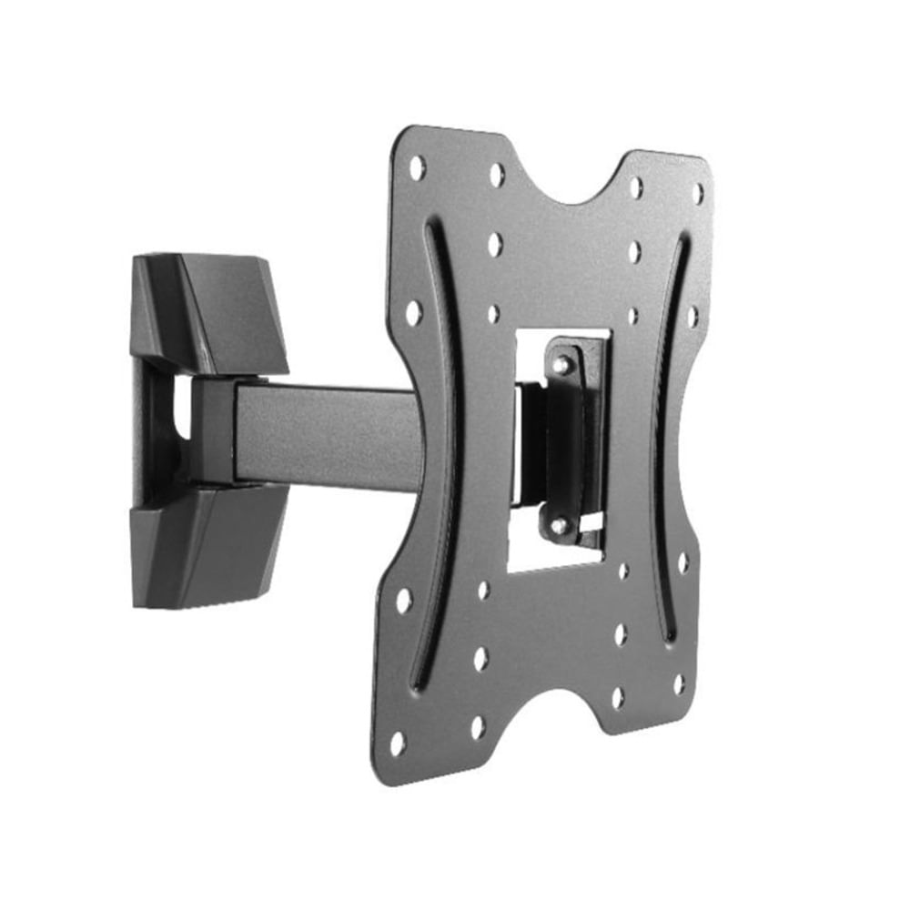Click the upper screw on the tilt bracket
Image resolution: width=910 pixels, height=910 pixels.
(562, 364)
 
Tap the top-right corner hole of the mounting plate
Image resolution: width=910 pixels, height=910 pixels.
(697, 193)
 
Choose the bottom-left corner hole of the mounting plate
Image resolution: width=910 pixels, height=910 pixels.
(398, 743)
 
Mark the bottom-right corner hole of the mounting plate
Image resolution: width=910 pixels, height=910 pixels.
(679, 682)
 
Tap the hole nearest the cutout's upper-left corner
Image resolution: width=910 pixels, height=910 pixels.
(493, 314)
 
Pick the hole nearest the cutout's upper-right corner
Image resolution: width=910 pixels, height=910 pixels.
(633, 316)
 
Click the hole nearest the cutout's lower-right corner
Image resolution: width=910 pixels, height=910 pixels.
(623, 571)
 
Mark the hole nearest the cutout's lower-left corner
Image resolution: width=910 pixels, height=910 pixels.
(483, 590)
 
